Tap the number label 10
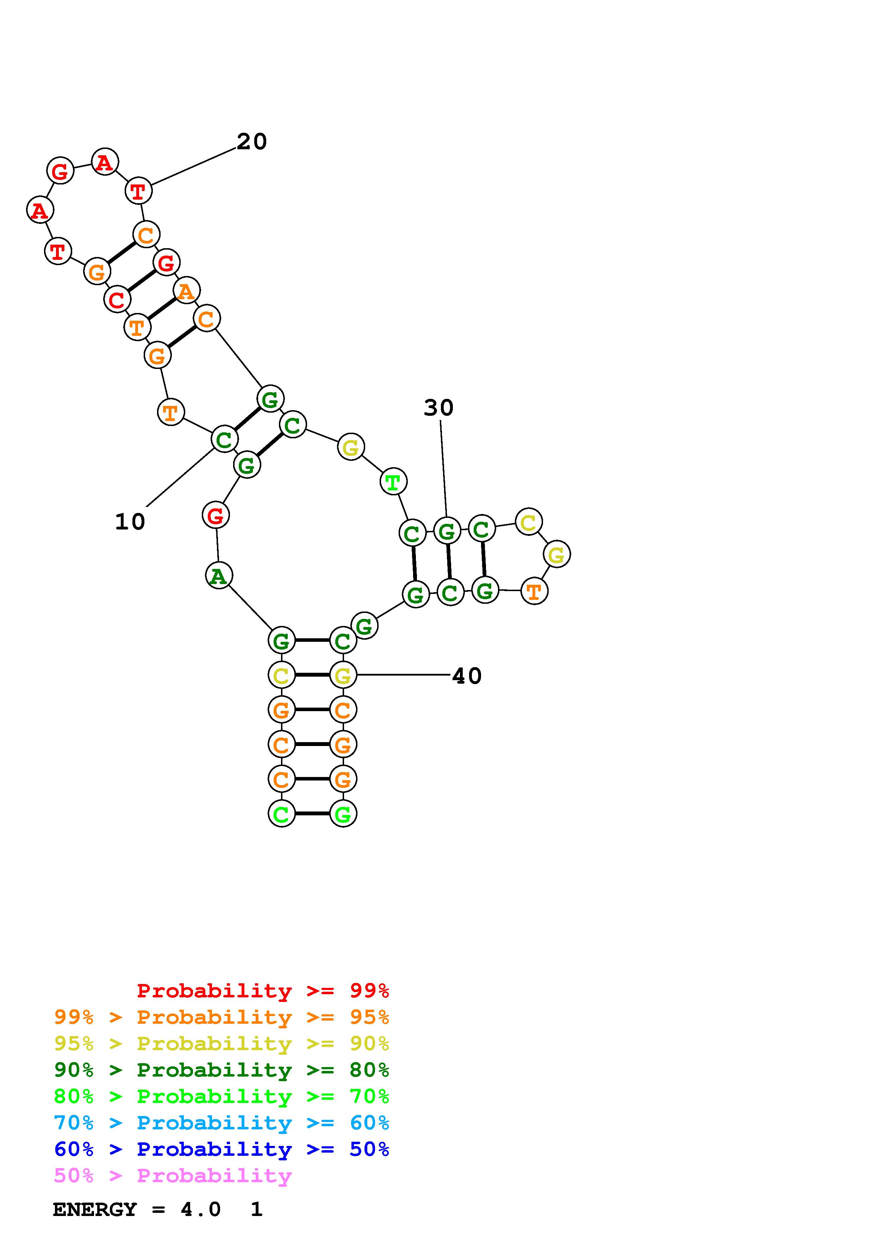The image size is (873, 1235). tap(130, 521)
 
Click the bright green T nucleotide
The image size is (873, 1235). tap(393, 481)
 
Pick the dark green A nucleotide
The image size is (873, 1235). tap(218, 576)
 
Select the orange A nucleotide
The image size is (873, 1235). tap(186, 291)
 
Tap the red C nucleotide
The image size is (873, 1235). tap(117, 300)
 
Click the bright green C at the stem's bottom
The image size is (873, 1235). tap(281, 814)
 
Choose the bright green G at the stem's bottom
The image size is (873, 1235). tap(343, 814)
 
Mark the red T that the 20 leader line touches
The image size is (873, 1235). tap(138, 190)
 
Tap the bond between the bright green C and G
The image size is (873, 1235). tap(312, 814)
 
